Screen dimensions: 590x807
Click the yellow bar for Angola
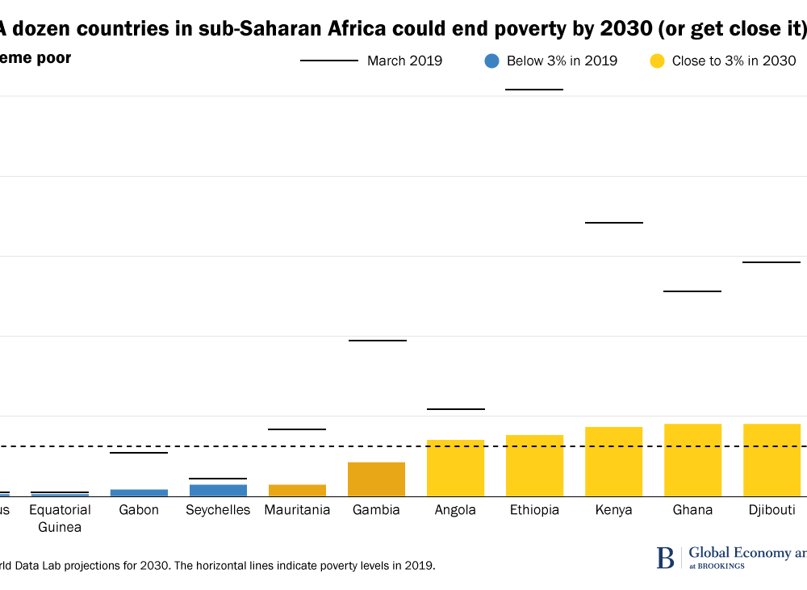click(456, 468)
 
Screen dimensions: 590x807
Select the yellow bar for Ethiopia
click(534, 466)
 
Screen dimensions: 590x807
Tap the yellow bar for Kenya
click(613, 462)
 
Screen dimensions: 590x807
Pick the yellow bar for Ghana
click(692, 460)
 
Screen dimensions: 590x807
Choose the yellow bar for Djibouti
click(771, 460)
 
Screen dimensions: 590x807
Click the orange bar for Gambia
click(377, 479)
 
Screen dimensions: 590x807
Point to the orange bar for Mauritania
click(297, 490)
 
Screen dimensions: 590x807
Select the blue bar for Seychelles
click(218, 490)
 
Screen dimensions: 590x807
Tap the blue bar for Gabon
click(139, 492)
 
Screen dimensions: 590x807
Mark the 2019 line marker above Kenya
click(613, 222)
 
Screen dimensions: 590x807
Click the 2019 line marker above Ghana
click(692, 291)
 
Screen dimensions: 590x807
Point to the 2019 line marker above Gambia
click(377, 341)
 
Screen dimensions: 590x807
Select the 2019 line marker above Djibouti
click(771, 262)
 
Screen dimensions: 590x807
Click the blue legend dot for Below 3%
click(492, 61)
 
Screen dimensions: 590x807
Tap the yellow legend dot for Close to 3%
click(658, 61)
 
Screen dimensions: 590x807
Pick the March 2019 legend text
click(404, 61)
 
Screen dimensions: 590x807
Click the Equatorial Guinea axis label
click(60, 518)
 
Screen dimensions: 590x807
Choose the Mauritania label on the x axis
click(297, 510)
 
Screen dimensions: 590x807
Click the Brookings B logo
click(665, 557)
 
